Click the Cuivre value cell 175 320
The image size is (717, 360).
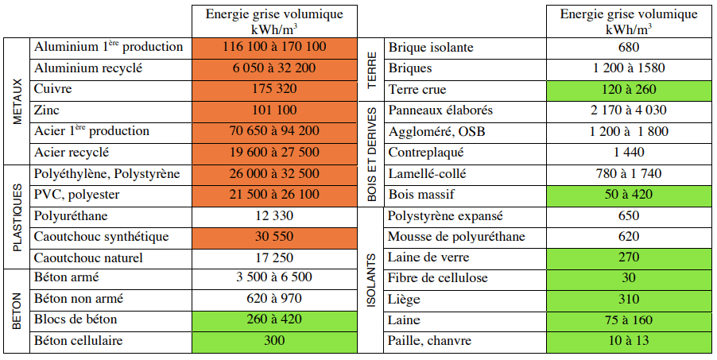click(274, 89)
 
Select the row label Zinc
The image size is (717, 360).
click(48, 110)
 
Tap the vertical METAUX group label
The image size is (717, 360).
click(17, 99)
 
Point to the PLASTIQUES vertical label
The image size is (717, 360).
click(17, 216)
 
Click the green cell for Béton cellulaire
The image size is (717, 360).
click(274, 341)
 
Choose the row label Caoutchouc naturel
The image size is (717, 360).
click(88, 257)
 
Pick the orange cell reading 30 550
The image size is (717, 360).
click(274, 237)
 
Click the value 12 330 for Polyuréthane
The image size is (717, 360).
click(274, 216)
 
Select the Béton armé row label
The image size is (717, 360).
click(67, 278)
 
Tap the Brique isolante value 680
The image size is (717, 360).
click(628, 48)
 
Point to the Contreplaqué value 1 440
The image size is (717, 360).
click(628, 152)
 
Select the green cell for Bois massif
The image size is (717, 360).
click(628, 194)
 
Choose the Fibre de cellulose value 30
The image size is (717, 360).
click(628, 278)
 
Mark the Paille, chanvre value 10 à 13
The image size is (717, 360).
click(628, 341)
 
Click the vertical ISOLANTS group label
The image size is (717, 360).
click(371, 278)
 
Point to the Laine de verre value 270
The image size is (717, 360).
click(628, 257)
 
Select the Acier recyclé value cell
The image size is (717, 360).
click(274, 152)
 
